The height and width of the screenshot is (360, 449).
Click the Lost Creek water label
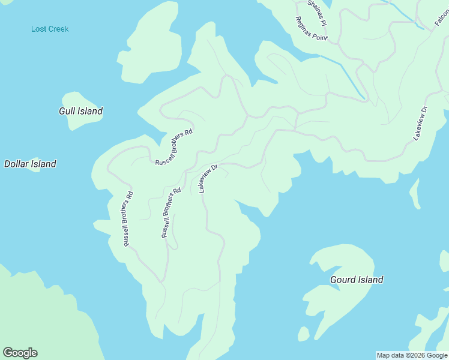pyautogui.click(x=50, y=29)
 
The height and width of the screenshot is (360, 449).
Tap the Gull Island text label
pyautogui.click(x=80, y=111)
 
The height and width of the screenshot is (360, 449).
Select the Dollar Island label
pyautogui.click(x=30, y=164)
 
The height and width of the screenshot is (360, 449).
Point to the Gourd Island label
pyautogui.click(x=357, y=280)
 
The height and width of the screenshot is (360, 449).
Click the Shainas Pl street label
pyautogui.click(x=316, y=12)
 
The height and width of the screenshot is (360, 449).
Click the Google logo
pyautogui.click(x=20, y=353)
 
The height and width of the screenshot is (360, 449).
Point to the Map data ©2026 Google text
pyautogui.click(x=412, y=355)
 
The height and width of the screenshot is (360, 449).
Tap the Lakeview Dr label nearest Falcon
pyautogui.click(x=420, y=124)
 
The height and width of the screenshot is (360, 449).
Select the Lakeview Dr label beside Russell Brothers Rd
pyautogui.click(x=207, y=178)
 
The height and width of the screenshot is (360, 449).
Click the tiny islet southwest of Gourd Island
pyautogui.click(x=304, y=334)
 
